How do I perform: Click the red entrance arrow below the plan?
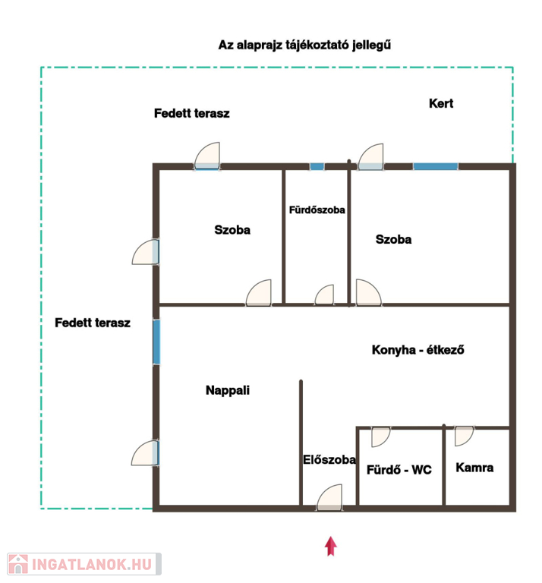[x=330, y=547]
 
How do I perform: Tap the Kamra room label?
[x=474, y=468]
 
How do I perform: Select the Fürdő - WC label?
[x=399, y=470]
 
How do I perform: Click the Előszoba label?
[x=329, y=459]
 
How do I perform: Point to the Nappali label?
[x=228, y=390]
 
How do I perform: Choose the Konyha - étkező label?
[x=418, y=349]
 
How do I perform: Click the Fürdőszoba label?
[x=317, y=210]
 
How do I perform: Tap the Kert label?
[x=441, y=103]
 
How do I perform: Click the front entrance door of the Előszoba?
[x=329, y=497]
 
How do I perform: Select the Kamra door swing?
[x=464, y=436]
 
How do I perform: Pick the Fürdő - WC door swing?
[x=380, y=437]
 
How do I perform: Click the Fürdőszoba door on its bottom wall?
[x=324, y=295]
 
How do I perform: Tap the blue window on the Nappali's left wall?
[x=156, y=342]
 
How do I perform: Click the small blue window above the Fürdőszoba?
[x=317, y=166]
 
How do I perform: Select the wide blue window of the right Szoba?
[x=435, y=166]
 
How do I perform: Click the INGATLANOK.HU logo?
[x=84, y=564]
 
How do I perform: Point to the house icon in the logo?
[x=18, y=564]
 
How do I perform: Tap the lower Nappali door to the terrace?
[x=145, y=453]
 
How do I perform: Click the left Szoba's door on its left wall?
[x=146, y=252]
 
